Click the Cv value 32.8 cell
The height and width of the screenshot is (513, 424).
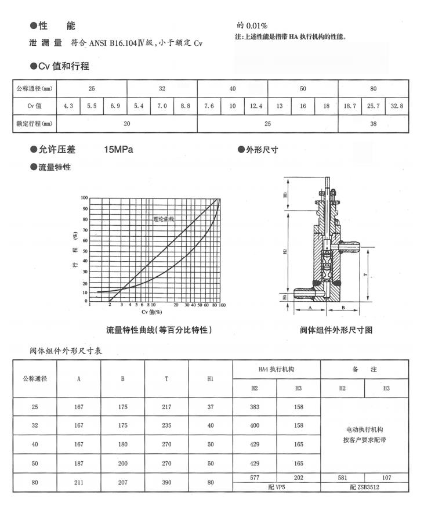(x=397, y=106)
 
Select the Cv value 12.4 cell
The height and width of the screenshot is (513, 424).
(x=256, y=106)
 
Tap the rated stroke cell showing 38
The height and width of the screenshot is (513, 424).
(x=373, y=124)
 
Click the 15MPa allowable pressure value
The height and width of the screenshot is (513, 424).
(x=118, y=150)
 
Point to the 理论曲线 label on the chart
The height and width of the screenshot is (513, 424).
(x=164, y=219)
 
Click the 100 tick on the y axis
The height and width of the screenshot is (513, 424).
(x=84, y=198)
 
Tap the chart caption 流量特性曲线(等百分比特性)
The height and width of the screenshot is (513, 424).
(x=158, y=330)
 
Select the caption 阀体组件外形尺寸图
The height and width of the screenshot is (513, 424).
(x=336, y=330)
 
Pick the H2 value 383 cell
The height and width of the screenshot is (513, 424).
(x=255, y=407)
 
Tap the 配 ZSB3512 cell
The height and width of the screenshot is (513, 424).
(x=365, y=487)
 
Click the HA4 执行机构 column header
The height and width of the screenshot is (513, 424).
(x=277, y=369)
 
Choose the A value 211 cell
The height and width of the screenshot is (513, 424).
(x=79, y=482)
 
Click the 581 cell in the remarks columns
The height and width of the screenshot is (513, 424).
(x=343, y=478)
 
